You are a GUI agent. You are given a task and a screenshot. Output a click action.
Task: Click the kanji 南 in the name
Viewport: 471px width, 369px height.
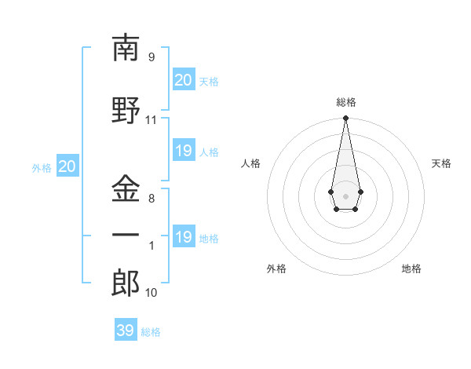[126, 49]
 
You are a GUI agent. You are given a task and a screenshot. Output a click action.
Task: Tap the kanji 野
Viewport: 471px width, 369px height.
[126, 110]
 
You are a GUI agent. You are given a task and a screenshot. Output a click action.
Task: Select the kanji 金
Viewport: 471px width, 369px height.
[126, 189]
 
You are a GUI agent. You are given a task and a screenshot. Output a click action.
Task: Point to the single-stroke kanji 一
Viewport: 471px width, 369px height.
[126, 236]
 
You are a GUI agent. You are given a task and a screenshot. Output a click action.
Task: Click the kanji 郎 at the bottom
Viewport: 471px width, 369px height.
[126, 283]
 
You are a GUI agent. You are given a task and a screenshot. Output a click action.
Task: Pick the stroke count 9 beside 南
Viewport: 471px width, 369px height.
[152, 57]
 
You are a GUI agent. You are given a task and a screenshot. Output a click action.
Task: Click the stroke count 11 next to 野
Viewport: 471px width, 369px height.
[152, 120]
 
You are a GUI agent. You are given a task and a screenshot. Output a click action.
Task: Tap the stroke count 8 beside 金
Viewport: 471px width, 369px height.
[152, 199]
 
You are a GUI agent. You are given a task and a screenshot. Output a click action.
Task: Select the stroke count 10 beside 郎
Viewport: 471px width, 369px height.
[152, 293]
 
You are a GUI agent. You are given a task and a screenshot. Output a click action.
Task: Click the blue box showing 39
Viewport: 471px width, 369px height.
[126, 331]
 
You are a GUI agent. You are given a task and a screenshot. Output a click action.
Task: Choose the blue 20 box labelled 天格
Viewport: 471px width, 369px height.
[184, 80]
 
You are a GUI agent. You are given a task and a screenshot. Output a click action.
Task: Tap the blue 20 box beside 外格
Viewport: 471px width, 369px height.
[67, 166]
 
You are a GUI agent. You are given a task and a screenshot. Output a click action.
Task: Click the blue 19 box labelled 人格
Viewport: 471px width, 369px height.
[184, 151]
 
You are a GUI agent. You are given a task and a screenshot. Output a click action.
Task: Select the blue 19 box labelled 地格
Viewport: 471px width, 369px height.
[184, 237]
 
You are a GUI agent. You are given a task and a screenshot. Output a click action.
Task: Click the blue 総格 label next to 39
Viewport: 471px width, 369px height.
[151, 332]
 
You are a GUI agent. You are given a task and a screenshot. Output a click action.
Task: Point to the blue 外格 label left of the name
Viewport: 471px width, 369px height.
[41, 167]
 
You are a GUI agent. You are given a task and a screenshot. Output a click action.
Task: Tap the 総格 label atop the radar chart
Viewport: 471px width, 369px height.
[345, 102]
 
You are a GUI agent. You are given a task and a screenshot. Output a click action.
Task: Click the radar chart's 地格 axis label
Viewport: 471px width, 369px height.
[411, 269]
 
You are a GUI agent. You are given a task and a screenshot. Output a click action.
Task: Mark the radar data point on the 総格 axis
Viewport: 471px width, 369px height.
[345, 119]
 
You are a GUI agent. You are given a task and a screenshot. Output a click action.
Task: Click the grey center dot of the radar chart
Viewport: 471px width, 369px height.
[345, 195]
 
